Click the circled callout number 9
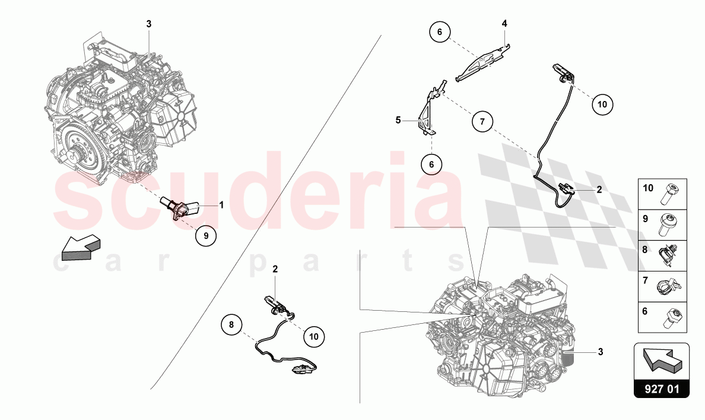click(206, 235)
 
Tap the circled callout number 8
click(231, 324)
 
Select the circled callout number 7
click(482, 122)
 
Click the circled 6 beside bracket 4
click(440, 31)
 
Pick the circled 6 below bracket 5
click(431, 165)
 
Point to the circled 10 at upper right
click(602, 105)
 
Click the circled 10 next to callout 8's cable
click(314, 336)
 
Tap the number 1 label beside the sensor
click(221, 205)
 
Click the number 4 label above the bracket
click(504, 23)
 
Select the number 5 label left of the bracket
click(398, 120)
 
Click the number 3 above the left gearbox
click(149, 24)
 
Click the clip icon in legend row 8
click(667, 255)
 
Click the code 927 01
click(662, 389)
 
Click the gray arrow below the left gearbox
click(81, 248)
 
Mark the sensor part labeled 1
click(180, 208)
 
